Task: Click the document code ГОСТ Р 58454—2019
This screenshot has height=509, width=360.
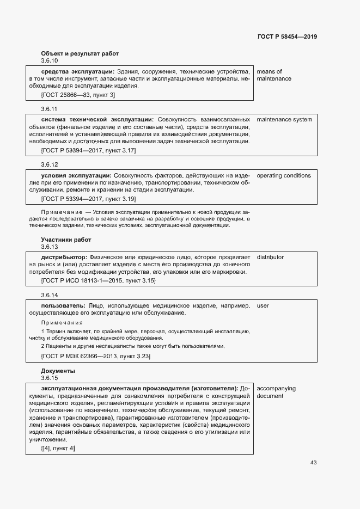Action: [x=287, y=36]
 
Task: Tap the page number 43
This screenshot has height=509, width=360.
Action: [x=314, y=463]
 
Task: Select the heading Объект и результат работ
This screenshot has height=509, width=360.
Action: [x=80, y=53]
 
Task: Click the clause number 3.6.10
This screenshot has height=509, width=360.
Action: [x=50, y=60]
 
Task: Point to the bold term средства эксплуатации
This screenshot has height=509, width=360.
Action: [x=77, y=71]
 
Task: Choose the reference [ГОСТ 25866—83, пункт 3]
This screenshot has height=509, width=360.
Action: [x=78, y=95]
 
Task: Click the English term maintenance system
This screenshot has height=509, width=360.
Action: [x=284, y=119]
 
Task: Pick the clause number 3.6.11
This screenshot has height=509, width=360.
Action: [x=49, y=108]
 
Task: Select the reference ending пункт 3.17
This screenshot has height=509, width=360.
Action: [x=88, y=150]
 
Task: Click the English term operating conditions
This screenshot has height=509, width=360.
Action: [x=284, y=175]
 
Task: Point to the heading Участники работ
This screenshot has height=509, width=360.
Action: [x=66, y=240]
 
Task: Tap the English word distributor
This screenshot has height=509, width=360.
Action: [x=270, y=257]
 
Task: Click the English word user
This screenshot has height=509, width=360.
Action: [x=263, y=305]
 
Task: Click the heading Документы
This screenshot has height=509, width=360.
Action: [x=58, y=371]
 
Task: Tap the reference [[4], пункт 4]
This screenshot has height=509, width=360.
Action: [x=58, y=448]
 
